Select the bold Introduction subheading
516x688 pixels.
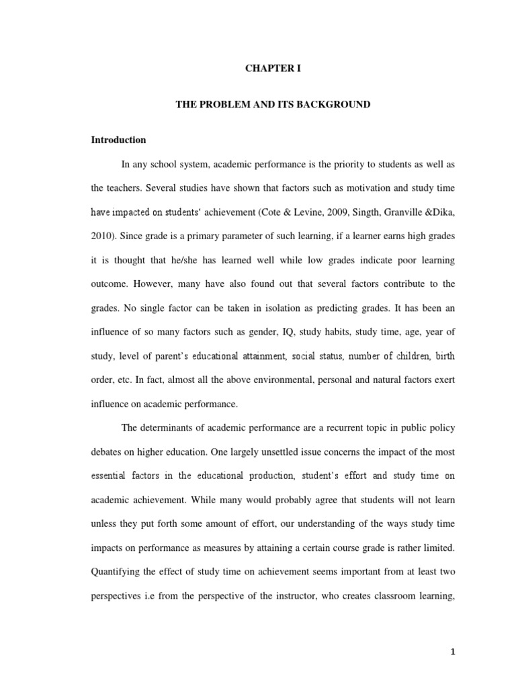click(119, 140)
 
